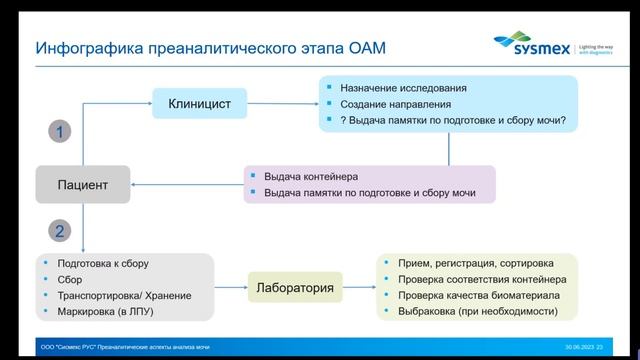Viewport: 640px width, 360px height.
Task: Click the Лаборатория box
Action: coord(294,288)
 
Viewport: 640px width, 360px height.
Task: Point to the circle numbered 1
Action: coord(60,131)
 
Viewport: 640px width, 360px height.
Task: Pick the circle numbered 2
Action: coord(60,232)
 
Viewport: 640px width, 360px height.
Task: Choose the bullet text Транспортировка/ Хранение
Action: coord(124,295)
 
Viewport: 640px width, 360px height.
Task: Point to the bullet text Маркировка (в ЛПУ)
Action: coord(109,311)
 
